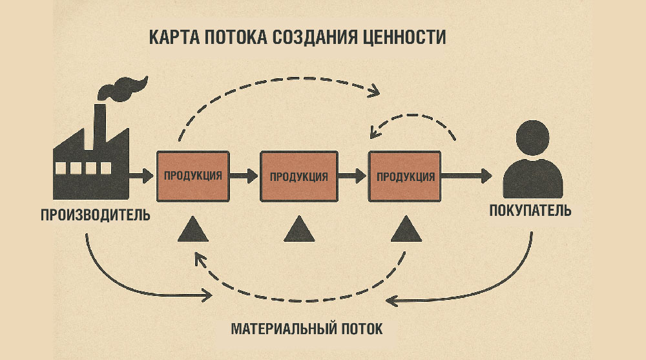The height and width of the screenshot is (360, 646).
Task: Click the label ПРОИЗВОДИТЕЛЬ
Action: (96, 215)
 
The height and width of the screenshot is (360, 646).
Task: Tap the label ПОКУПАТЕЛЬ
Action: (530, 211)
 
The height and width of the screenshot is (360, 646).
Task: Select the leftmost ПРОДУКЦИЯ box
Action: (194, 175)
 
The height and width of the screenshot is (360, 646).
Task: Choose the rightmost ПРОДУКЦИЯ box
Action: (405, 176)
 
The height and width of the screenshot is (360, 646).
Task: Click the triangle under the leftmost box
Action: (193, 229)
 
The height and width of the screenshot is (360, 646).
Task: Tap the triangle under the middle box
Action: (299, 229)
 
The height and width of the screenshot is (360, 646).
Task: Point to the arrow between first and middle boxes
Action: (245, 175)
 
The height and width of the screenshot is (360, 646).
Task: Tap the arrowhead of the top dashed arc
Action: (373, 92)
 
